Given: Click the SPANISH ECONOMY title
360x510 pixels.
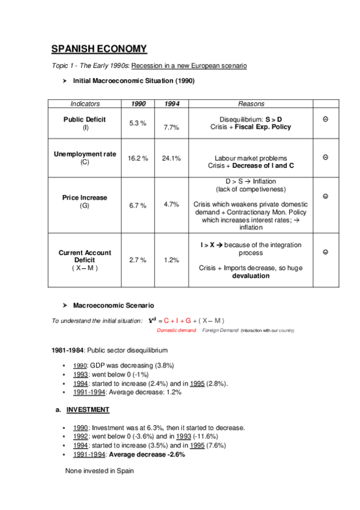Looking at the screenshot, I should click(x=99, y=49).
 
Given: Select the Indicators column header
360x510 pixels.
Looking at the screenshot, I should click(x=85, y=103).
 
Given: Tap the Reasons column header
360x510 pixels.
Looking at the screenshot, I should click(x=251, y=103).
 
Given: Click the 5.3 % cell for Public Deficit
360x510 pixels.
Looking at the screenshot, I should click(x=138, y=123).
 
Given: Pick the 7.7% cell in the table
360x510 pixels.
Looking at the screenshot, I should click(x=171, y=127).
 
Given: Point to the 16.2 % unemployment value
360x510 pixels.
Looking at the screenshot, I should click(x=138, y=158).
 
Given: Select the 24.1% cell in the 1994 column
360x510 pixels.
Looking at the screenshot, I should click(x=171, y=158).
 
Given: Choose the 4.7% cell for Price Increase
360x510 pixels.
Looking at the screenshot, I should click(x=171, y=204).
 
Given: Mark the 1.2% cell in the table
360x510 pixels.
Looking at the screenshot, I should click(x=171, y=260).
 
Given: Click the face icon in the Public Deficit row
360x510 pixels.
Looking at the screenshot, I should click(x=325, y=119).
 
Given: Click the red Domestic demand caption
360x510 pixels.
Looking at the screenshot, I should click(x=177, y=330).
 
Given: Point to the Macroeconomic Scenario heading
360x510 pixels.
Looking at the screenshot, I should click(x=114, y=306).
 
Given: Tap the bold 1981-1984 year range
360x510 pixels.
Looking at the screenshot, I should click(x=68, y=349).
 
